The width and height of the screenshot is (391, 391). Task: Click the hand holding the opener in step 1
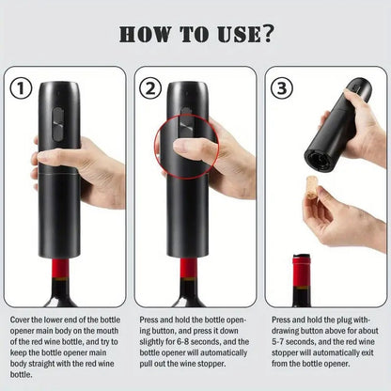[x=94, y=169]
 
